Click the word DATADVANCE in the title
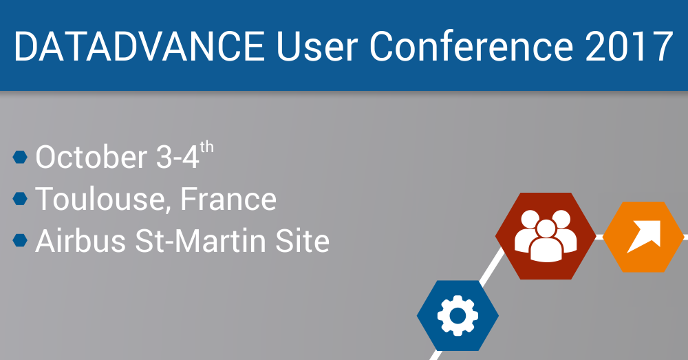click(140, 46)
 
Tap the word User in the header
click(317, 46)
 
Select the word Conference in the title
click(472, 46)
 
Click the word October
click(92, 157)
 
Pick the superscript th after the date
click(207, 147)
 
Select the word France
click(228, 199)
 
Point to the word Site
click(302, 241)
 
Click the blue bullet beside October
click(20, 157)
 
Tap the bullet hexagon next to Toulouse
click(20, 199)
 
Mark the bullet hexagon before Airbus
click(20, 241)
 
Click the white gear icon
click(458, 316)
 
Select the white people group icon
click(546, 236)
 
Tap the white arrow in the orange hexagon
click(643, 237)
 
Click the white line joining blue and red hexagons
click(492, 266)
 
